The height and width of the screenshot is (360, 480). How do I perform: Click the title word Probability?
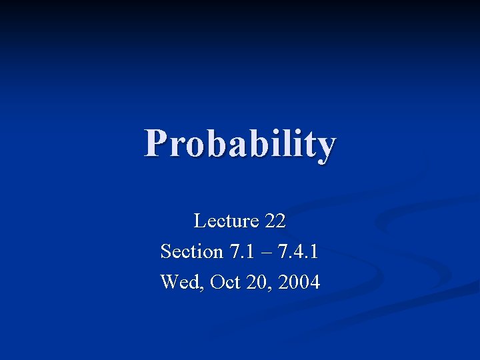coord(240,144)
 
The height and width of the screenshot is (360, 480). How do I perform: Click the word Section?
coord(192,251)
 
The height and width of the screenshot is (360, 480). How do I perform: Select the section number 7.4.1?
coord(297,251)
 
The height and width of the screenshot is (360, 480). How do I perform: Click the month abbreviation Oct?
coord(224,282)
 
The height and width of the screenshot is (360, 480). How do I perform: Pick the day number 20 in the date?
coord(257,282)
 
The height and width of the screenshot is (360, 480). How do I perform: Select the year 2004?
coord(299,282)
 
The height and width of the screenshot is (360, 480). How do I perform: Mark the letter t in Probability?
coord(307,144)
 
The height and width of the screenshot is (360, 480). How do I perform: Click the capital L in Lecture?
coord(199,220)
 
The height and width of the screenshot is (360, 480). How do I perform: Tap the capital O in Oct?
coord(216,282)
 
